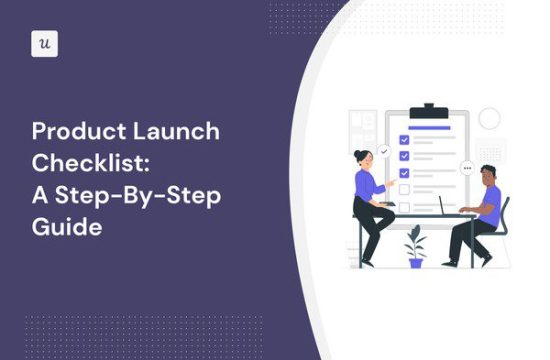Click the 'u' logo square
click(x=45, y=44)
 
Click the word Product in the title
click(x=79, y=131)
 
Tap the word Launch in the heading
click(x=176, y=131)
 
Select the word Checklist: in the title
click(x=91, y=163)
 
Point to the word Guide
click(x=67, y=227)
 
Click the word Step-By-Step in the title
click(x=138, y=196)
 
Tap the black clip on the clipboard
click(x=429, y=112)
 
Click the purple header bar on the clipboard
click(x=429, y=128)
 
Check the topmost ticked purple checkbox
click(x=404, y=140)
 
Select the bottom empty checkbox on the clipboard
click(x=404, y=207)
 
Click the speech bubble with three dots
click(x=467, y=168)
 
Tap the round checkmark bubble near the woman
click(x=384, y=152)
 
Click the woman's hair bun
click(x=357, y=154)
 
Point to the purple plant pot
click(x=416, y=263)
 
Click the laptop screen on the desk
click(x=441, y=205)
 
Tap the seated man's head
click(x=489, y=175)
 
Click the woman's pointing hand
click(x=391, y=182)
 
